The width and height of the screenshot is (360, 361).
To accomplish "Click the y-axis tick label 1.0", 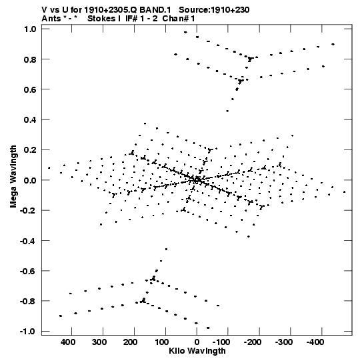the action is (x=30, y=29).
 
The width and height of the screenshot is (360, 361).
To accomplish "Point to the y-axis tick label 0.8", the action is (x=30, y=59).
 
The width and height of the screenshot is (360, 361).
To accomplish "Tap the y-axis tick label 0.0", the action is (x=30, y=180).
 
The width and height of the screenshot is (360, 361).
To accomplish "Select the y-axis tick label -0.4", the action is (x=28, y=241).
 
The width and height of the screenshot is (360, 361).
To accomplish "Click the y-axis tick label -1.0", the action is (x=28, y=332).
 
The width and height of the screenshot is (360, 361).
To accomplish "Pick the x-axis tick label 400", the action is (x=68, y=342).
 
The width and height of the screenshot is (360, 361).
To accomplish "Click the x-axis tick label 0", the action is (x=197, y=342).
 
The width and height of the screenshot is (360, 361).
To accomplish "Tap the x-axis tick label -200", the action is (x=253, y=342).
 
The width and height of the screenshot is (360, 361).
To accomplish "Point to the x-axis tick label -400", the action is (x=315, y=342).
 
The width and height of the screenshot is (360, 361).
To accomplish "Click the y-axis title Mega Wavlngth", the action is (x=13, y=177).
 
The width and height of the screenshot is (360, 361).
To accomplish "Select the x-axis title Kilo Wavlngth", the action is (x=197, y=351).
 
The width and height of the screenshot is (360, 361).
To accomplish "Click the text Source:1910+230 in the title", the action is (x=214, y=10).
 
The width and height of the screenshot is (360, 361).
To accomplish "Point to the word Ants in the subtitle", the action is (x=51, y=19).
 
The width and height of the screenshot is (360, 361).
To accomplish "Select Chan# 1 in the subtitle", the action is (x=179, y=19).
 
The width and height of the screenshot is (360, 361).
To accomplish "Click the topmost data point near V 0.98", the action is (x=185, y=32).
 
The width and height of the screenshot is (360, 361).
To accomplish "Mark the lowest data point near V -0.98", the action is (x=208, y=328).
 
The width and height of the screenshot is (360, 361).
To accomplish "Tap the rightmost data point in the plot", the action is (x=344, y=192).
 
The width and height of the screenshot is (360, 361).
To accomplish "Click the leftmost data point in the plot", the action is (x=49, y=168).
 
